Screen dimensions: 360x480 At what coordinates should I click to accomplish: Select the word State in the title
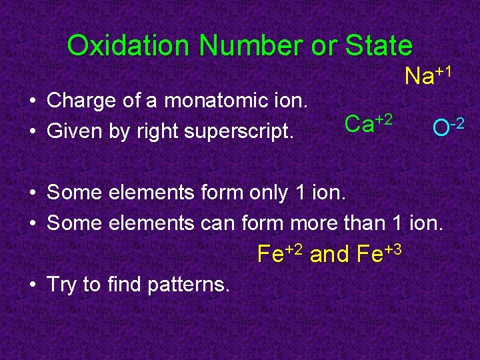tap(378, 46)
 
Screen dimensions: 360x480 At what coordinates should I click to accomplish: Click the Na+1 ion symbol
tap(429, 75)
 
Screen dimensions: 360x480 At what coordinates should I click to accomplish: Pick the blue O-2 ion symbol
tap(447, 126)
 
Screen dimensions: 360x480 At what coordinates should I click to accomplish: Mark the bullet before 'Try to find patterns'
tap(32, 285)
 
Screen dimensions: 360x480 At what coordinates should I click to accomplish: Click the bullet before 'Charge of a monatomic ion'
tap(32, 102)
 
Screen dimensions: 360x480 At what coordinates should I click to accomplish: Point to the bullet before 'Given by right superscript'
tap(32, 131)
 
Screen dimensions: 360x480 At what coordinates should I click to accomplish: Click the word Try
tap(62, 285)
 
